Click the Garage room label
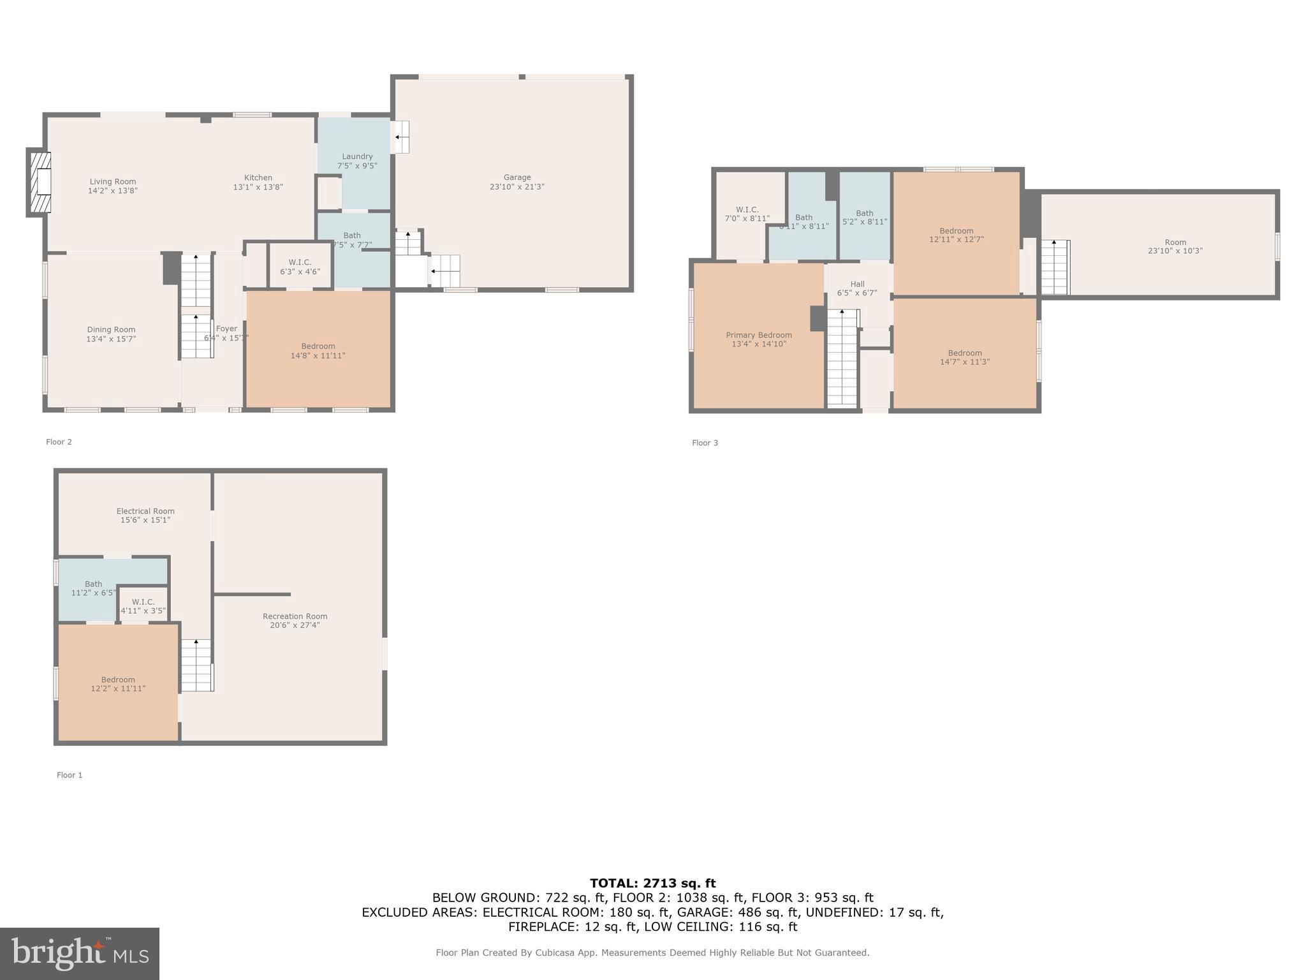pos(517,177)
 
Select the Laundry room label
pos(356,156)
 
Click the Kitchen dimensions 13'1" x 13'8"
pos(258,188)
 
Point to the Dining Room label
pos(111,330)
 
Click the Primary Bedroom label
pos(758,335)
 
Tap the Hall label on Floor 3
pos(856,284)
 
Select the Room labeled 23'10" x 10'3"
pos(1175,246)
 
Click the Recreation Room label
pos(295,616)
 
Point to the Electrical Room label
pos(145,511)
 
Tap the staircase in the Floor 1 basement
pos(196,665)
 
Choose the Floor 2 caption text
pos(59,442)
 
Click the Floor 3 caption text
pos(705,443)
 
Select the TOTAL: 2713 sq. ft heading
pos(652,883)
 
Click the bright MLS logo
pos(79,953)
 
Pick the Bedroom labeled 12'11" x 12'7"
pos(956,235)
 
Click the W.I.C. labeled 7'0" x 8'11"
pos(747,214)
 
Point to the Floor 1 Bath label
pos(93,584)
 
